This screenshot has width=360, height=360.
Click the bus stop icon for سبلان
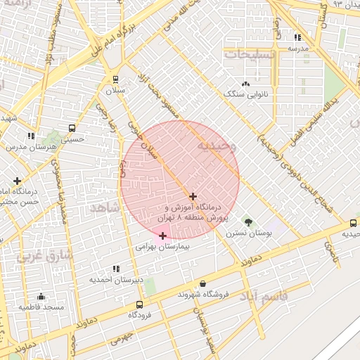coord(115,79)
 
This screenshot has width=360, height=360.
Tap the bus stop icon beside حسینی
coord(72,128)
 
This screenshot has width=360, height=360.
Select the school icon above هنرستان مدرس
coord(30,135)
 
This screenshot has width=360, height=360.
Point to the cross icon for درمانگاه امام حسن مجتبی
coord(17,181)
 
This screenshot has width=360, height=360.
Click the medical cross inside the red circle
coord(193,196)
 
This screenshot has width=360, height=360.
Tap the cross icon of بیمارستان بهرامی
coord(163,236)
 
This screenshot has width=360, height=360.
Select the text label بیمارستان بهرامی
coord(163,247)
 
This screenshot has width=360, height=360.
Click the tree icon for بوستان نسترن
coord(247,221)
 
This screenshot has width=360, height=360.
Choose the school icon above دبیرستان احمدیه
coord(115,269)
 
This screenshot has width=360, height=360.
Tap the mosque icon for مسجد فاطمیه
coord(41,296)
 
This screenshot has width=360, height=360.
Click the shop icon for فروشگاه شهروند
coord(203,283)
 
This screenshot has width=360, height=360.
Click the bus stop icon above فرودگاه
coord(139,304)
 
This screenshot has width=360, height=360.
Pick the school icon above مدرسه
coord(297,37)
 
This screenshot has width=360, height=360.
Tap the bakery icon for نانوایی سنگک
coord(245,83)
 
